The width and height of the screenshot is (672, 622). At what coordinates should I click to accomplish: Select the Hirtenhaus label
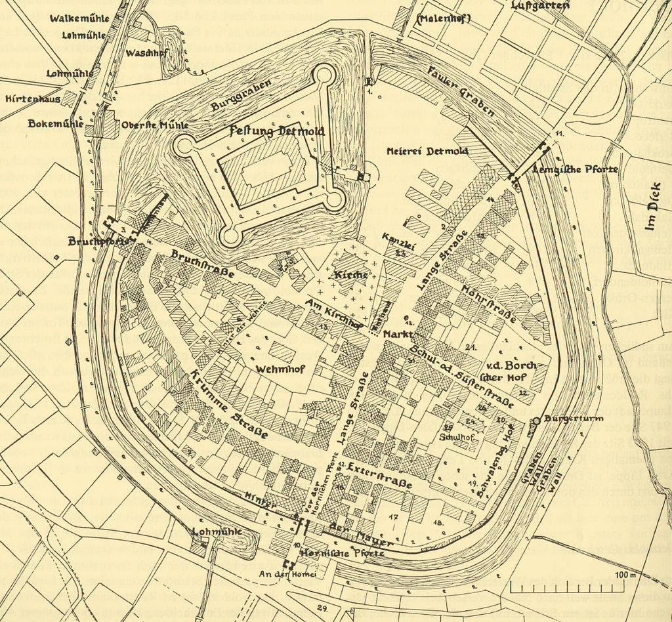point(32,99)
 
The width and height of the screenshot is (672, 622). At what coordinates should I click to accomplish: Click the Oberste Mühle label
point(155,125)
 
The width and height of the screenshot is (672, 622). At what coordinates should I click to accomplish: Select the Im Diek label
point(651,215)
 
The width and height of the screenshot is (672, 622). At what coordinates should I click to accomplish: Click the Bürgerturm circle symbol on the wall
point(536,420)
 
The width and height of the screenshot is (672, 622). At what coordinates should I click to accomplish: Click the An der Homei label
point(287,575)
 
